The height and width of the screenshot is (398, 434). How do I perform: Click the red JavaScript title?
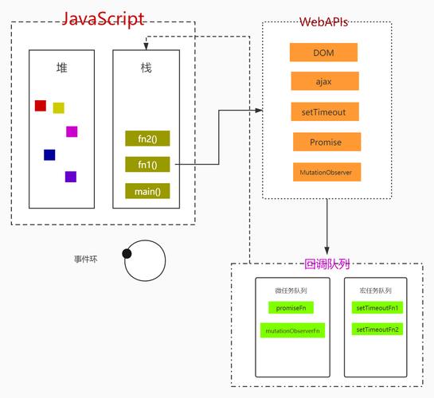tap(103, 18)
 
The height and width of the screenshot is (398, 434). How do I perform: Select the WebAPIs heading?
tap(323, 21)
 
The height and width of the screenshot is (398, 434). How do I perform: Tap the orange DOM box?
tap(323, 53)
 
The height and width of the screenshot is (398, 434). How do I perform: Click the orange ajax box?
tap(323, 81)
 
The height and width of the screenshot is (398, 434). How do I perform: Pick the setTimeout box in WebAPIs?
tap(323, 111)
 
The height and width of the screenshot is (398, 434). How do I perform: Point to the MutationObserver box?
tap(326, 171)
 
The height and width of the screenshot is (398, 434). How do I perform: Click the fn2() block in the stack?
tap(147, 139)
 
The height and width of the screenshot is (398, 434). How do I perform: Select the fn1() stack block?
tap(147, 165)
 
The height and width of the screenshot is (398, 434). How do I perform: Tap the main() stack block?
tap(147, 191)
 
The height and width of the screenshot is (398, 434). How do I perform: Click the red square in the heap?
tap(41, 105)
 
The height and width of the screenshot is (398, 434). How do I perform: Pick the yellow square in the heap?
tap(58, 107)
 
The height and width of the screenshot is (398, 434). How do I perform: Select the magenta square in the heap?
tap(72, 131)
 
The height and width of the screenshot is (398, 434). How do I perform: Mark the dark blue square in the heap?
tap(49, 154)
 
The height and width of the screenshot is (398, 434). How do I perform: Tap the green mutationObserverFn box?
tap(292, 330)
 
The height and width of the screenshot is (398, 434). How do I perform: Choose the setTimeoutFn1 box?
tap(377, 307)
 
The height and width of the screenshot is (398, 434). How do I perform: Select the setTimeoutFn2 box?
tap(377, 329)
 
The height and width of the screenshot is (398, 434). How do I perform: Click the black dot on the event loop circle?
tap(127, 254)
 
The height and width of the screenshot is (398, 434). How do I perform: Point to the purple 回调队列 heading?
tap(327, 263)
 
